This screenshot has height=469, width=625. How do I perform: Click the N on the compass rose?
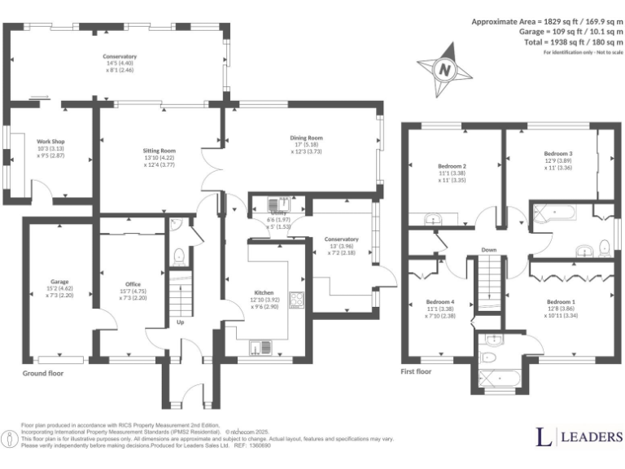pos(444,70)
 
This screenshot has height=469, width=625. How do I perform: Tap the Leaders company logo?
pos(579,436)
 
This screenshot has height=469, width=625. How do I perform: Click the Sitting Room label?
pos(160,151)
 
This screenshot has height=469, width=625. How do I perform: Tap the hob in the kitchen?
pos(296,300)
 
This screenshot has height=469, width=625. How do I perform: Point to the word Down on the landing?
pos(489,250)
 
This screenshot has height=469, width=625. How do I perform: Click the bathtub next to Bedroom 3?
pos(554,215)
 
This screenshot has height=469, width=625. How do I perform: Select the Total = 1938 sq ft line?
pos(570,42)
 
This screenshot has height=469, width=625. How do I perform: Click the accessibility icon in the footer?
pos(10,440)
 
